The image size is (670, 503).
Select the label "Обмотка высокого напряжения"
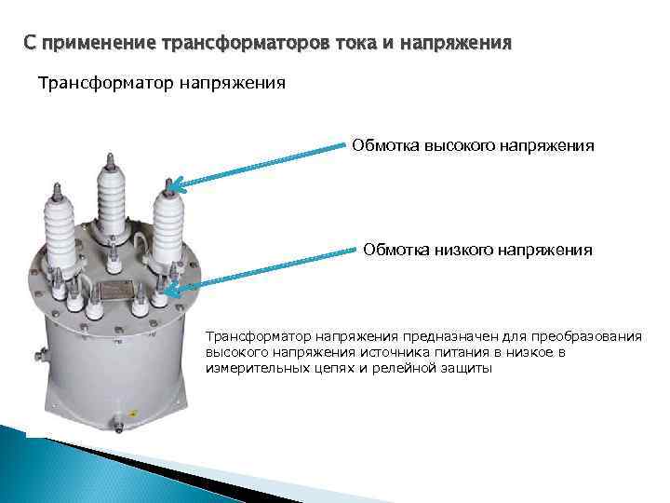472,146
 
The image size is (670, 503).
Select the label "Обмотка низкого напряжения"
476,250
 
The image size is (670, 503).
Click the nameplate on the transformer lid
119,292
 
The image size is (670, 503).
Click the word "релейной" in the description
400,369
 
